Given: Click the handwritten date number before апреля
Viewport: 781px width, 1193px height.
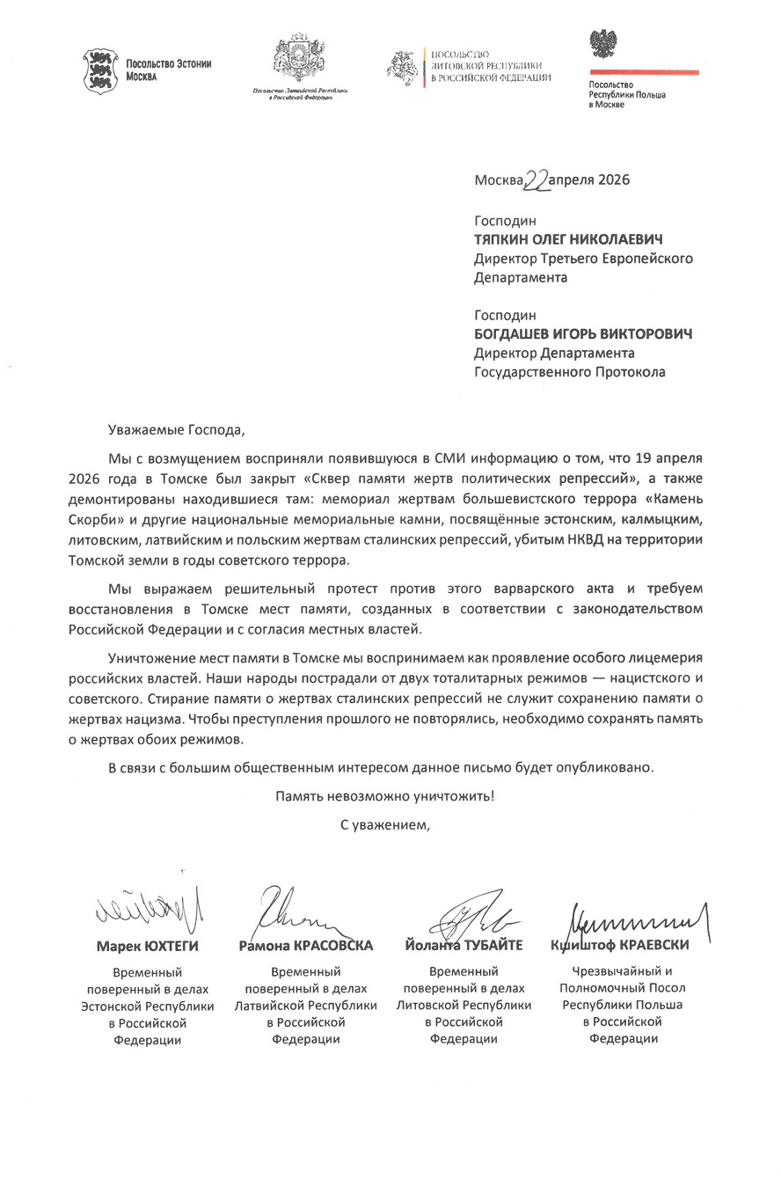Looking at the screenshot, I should pos(536,179).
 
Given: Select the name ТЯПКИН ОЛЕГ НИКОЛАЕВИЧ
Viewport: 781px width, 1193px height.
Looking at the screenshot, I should pos(568,239).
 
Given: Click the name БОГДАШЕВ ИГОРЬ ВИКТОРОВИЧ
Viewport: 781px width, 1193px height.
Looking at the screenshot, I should pos(583,333).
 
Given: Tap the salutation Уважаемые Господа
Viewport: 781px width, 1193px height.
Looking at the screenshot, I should pos(173,431).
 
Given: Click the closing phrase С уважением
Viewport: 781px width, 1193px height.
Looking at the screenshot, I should pos(386,825).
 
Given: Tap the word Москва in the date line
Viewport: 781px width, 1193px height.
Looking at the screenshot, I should pos(498,181).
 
